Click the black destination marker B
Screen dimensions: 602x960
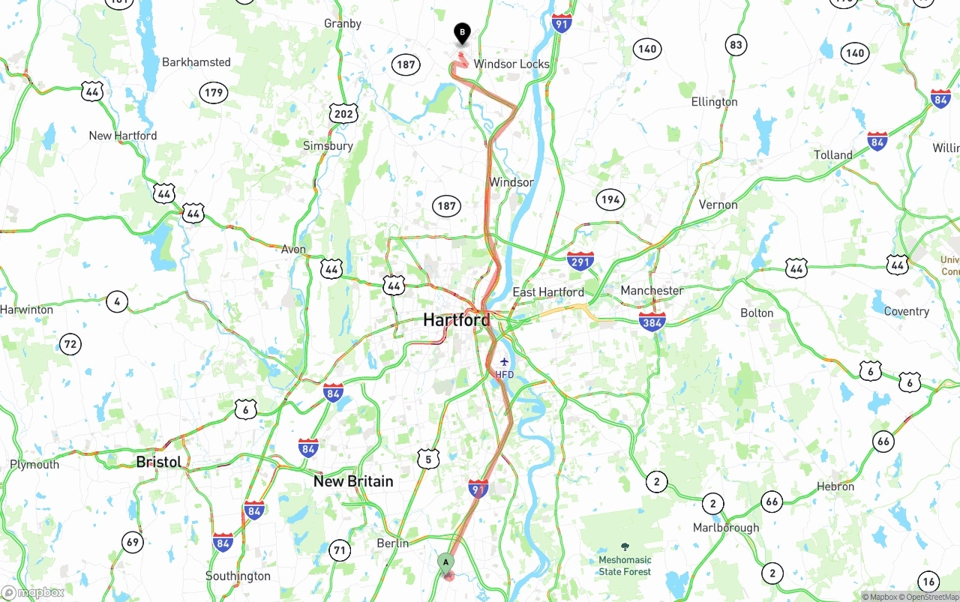[463, 33]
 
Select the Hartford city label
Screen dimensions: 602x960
[456, 320]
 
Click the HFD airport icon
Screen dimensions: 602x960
[504, 362]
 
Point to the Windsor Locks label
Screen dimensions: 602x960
[511, 64]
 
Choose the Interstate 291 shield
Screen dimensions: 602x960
[580, 261]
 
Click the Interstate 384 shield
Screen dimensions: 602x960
[652, 322]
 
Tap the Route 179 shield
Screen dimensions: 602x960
[214, 93]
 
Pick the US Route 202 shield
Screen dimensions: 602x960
[343, 114]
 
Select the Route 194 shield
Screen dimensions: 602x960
[610, 199]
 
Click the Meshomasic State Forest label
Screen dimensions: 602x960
[625, 565]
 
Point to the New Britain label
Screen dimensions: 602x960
[353, 481]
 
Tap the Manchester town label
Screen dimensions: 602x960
[652, 291]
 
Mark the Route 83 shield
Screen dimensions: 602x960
[736, 45]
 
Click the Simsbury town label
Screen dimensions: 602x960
[328, 145]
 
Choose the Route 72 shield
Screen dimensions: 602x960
[70, 345]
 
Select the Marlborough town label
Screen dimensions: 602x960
[726, 528]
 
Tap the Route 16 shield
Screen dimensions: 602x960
[928, 581]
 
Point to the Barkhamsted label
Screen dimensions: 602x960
[196, 62]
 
